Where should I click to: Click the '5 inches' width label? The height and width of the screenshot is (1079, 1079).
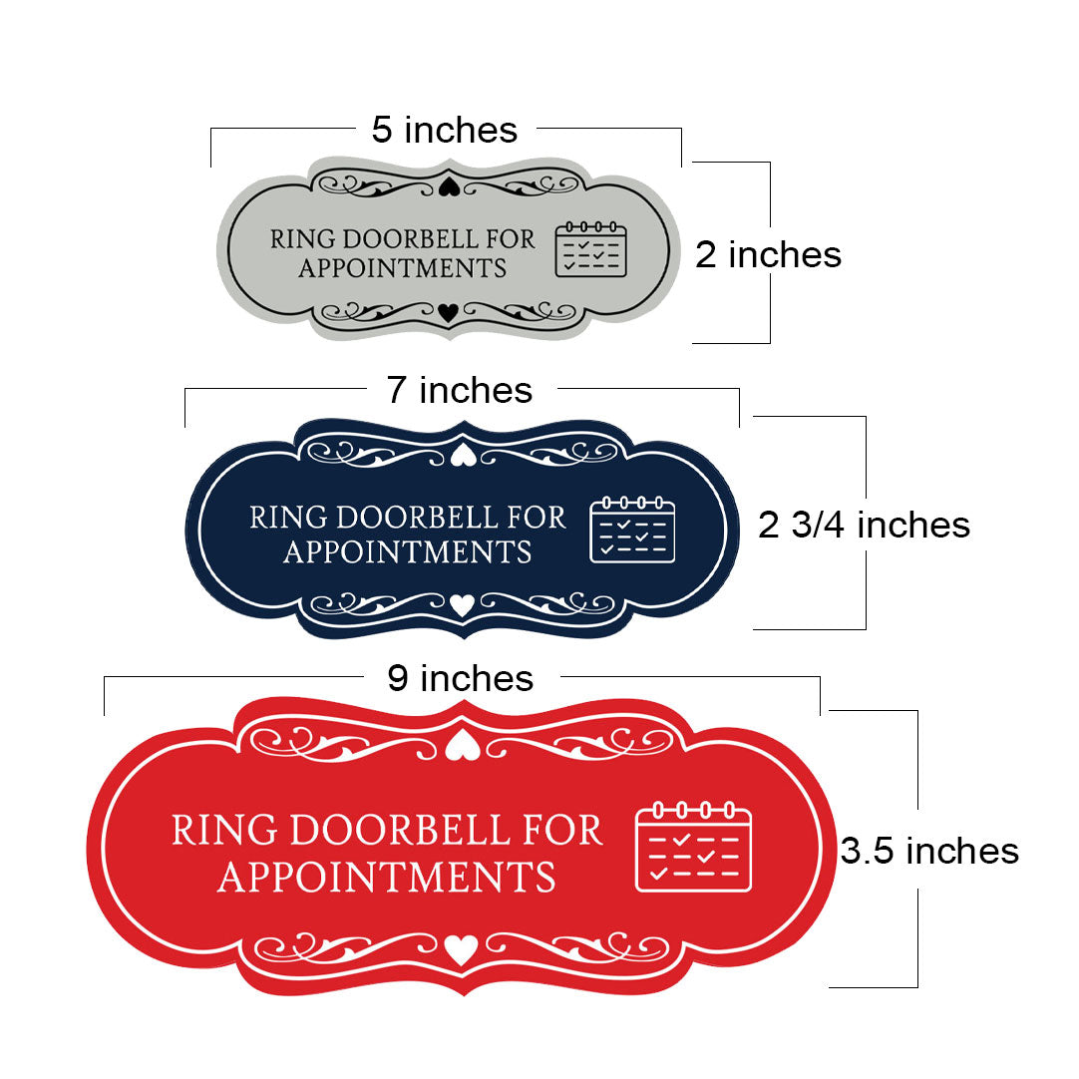tap(445, 130)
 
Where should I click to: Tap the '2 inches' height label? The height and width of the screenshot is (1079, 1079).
tap(768, 254)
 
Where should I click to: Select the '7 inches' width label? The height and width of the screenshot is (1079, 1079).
tap(460, 390)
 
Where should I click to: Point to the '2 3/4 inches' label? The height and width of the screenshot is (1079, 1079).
tap(865, 526)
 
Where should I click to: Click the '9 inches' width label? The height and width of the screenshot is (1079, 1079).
tap(461, 678)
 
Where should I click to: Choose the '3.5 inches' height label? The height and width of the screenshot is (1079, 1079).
tap(929, 851)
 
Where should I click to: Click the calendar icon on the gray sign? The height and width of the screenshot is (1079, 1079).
tap(591, 249)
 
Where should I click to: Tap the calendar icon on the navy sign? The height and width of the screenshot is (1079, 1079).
tap(632, 530)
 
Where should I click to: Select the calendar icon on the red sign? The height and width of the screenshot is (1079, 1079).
tap(694, 847)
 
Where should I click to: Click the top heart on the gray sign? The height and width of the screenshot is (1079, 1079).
tap(450, 186)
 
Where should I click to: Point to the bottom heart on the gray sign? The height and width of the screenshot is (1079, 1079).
tap(448, 312)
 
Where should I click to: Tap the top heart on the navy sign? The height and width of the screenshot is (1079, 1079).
tap(463, 455)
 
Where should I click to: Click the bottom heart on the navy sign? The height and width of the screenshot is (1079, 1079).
tap(462, 605)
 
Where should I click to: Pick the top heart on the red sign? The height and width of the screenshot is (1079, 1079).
tap(463, 746)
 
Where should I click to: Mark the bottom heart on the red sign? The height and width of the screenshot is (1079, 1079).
tap(461, 949)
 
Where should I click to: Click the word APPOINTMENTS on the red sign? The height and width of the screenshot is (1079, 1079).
tap(387, 877)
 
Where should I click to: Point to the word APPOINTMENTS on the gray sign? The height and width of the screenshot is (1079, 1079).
tap(403, 268)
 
